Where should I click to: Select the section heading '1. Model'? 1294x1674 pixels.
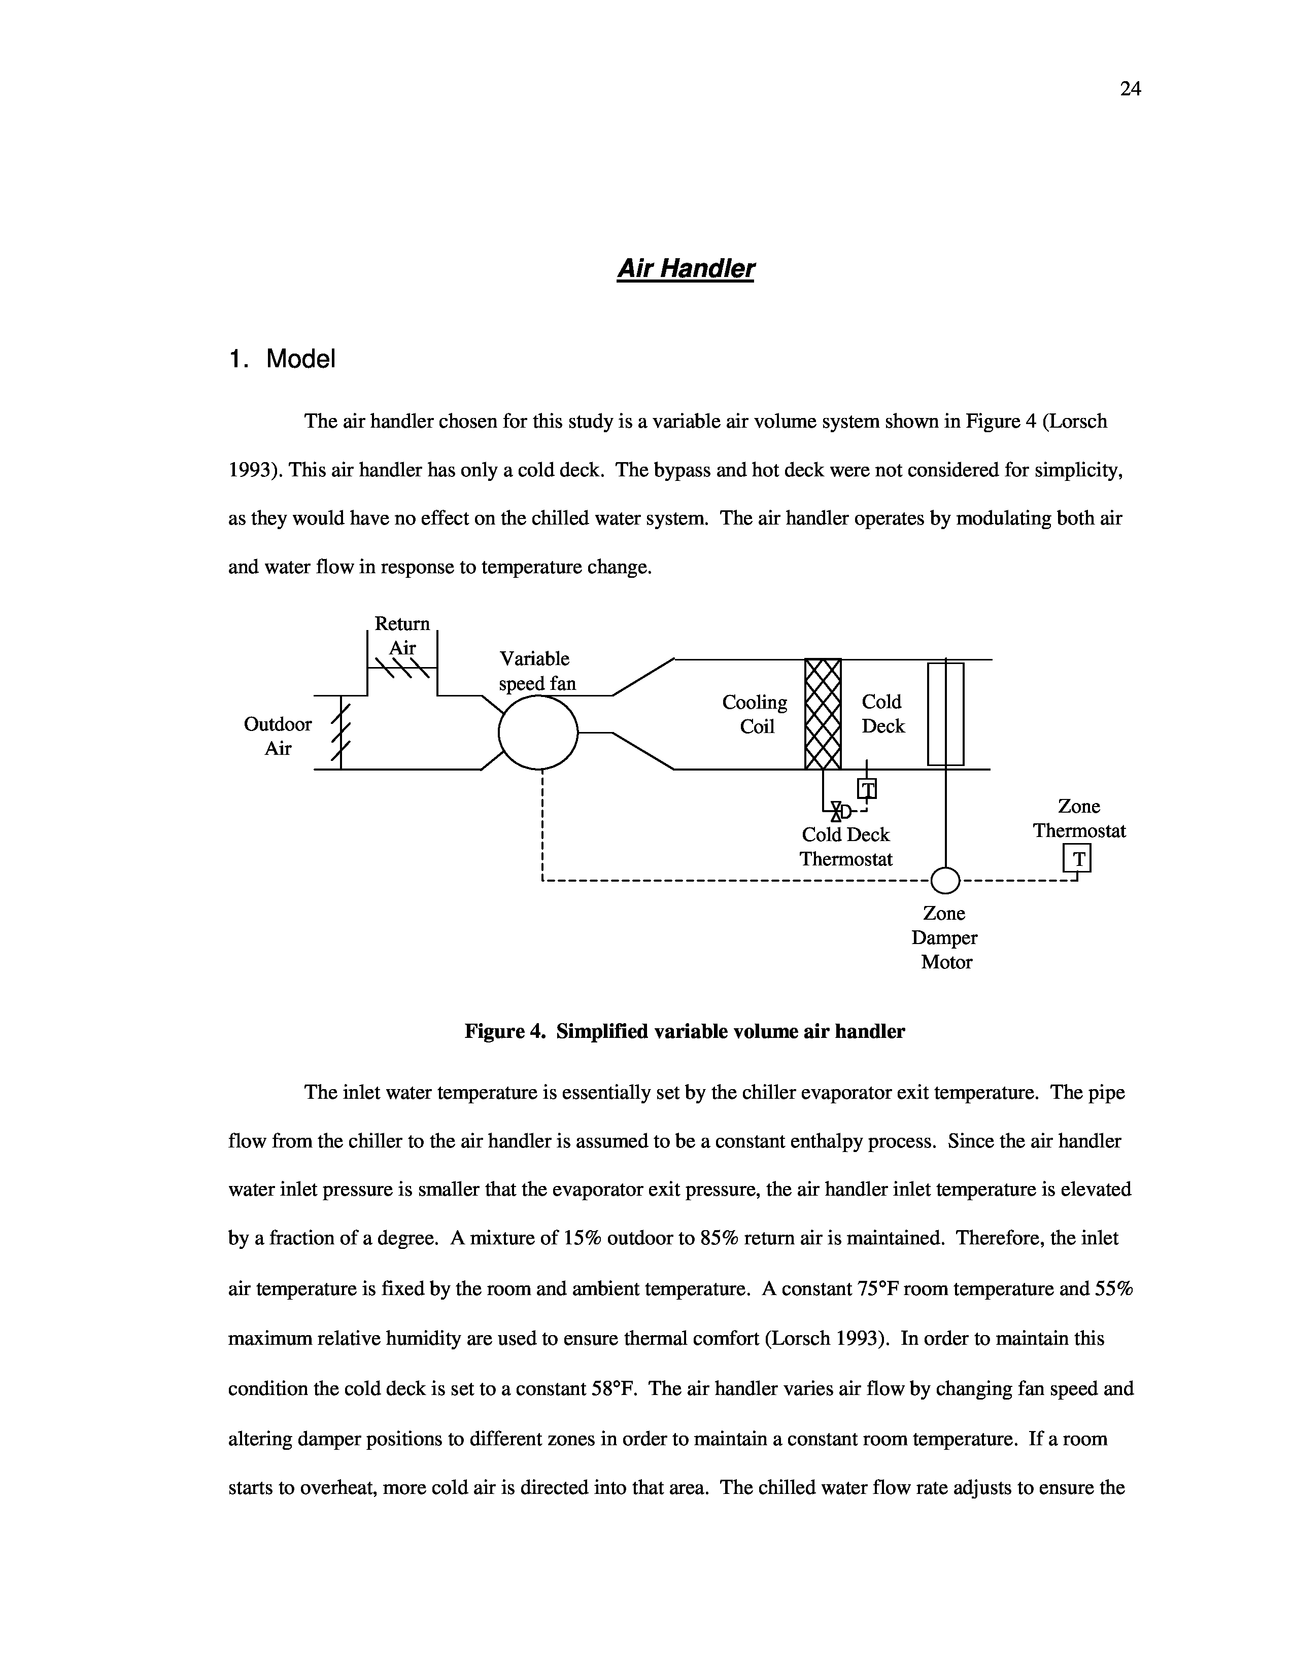tap(282, 359)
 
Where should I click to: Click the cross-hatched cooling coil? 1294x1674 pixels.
tap(823, 713)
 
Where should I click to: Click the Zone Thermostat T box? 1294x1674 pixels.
tap(1077, 859)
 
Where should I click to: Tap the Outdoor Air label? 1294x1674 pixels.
tap(278, 737)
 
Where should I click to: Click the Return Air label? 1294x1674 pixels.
tap(402, 636)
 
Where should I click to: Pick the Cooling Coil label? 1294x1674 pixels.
tap(755, 714)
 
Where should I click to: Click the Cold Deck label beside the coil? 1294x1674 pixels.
tap(882, 714)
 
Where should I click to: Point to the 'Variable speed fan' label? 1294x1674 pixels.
tap(536, 671)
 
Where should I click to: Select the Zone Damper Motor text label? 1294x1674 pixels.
tap(945, 937)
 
